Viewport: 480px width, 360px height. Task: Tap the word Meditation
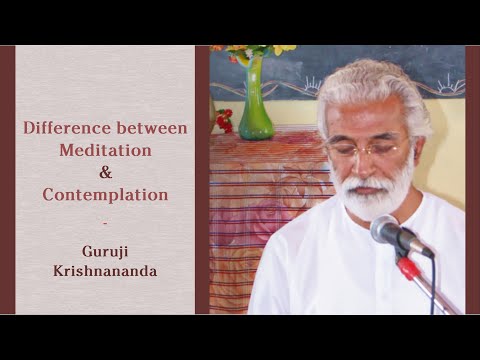pos(105,150)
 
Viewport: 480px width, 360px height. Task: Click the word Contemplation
pos(105,194)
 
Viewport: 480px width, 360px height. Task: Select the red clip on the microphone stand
pos(407,267)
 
